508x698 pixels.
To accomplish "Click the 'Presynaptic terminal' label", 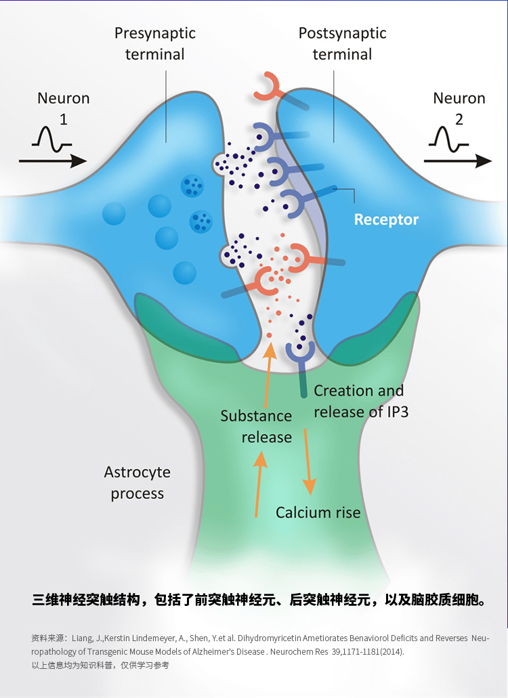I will click(x=155, y=43).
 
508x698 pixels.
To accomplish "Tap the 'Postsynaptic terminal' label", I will click(x=342, y=43).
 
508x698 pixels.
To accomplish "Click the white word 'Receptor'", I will click(x=386, y=219).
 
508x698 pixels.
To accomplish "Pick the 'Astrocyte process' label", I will click(x=137, y=483).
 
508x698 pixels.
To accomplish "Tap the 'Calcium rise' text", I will click(x=318, y=512).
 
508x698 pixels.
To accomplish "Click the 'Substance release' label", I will click(x=256, y=427).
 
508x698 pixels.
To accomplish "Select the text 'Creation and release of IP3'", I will click(x=359, y=401).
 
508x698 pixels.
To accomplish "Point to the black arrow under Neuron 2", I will click(x=458, y=161).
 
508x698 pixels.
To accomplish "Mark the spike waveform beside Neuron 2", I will click(x=447, y=138).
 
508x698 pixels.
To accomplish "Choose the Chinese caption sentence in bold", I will click(x=259, y=600).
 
